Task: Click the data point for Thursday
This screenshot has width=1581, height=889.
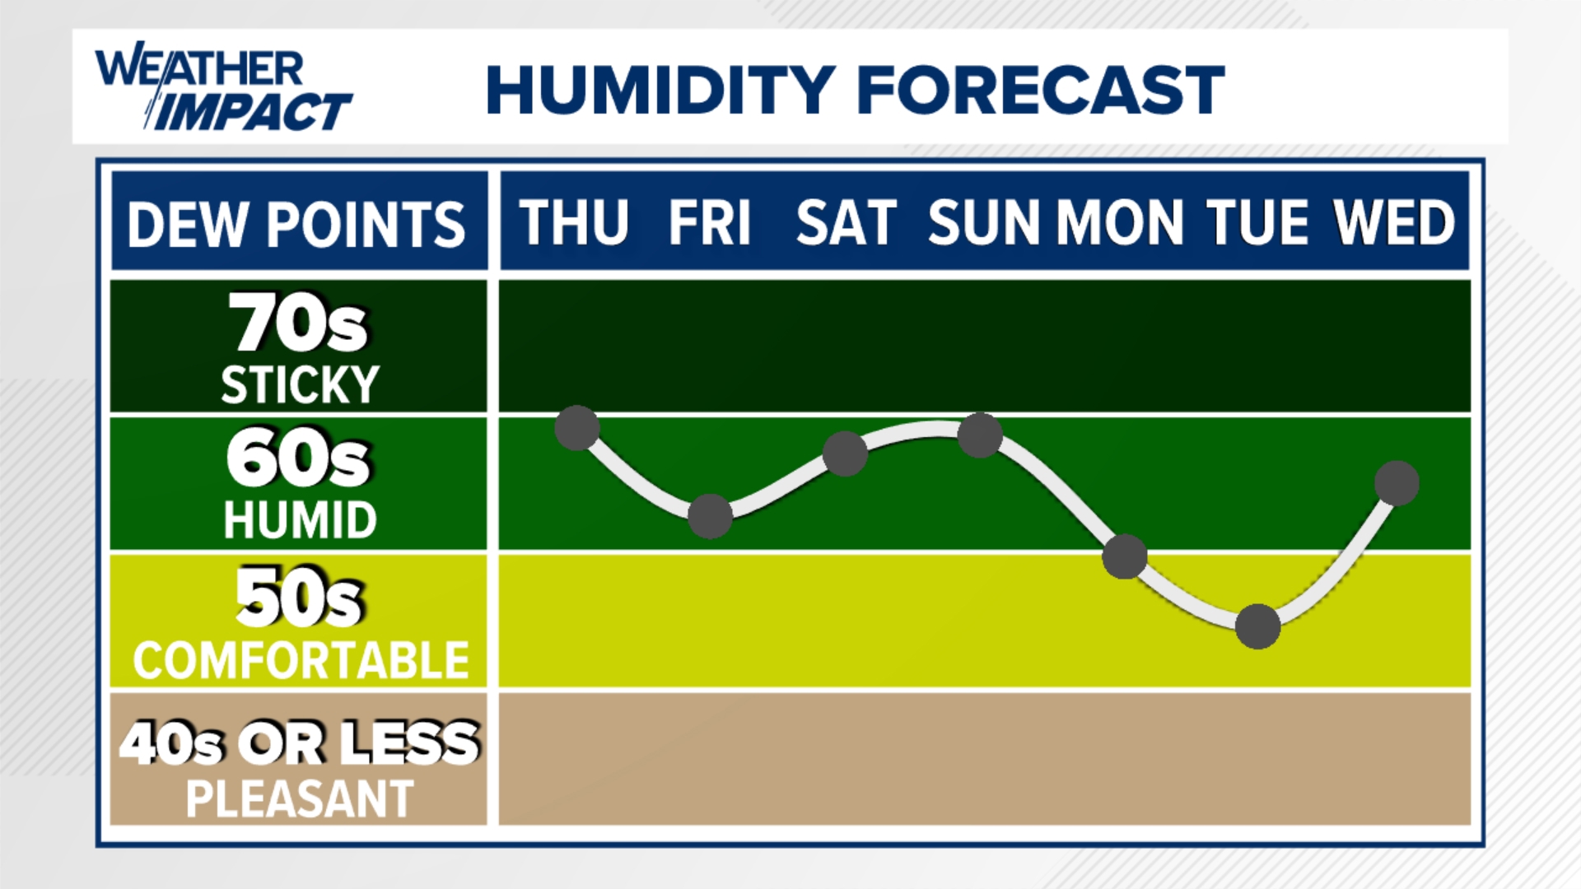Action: pos(576,427)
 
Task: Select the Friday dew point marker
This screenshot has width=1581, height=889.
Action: pos(710,516)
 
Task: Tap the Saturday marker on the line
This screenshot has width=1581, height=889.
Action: pos(846,454)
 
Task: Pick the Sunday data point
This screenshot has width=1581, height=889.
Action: pos(980,435)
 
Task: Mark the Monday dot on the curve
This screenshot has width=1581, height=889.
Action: pos(1124,556)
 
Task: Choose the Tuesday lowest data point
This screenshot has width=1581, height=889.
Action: pos(1257,626)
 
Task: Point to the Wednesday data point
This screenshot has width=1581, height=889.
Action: pos(1397,483)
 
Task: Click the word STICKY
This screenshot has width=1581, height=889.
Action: pos(300,384)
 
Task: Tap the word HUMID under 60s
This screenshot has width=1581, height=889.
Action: pos(300,520)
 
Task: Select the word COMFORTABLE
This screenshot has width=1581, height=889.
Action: pos(301,660)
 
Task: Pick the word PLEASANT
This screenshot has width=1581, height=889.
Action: pos(300,798)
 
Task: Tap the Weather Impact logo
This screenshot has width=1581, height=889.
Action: pos(222,88)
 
